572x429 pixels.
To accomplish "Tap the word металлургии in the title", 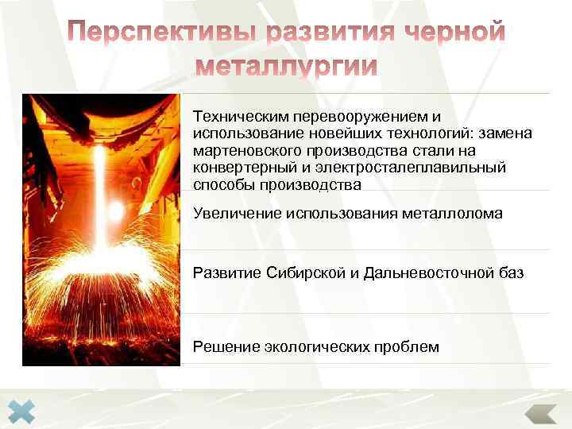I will point(286,66).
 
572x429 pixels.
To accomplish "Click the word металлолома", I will point(457,213).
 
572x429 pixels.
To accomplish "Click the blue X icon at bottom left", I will point(25,412).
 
